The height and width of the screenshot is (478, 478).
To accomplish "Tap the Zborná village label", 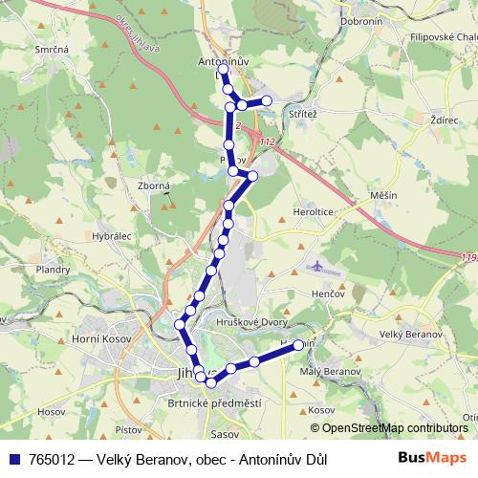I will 154,186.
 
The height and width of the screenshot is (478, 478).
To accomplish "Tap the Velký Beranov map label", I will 411,335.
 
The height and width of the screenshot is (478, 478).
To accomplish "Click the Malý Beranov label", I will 331,369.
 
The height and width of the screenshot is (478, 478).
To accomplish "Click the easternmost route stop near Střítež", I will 267,101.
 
